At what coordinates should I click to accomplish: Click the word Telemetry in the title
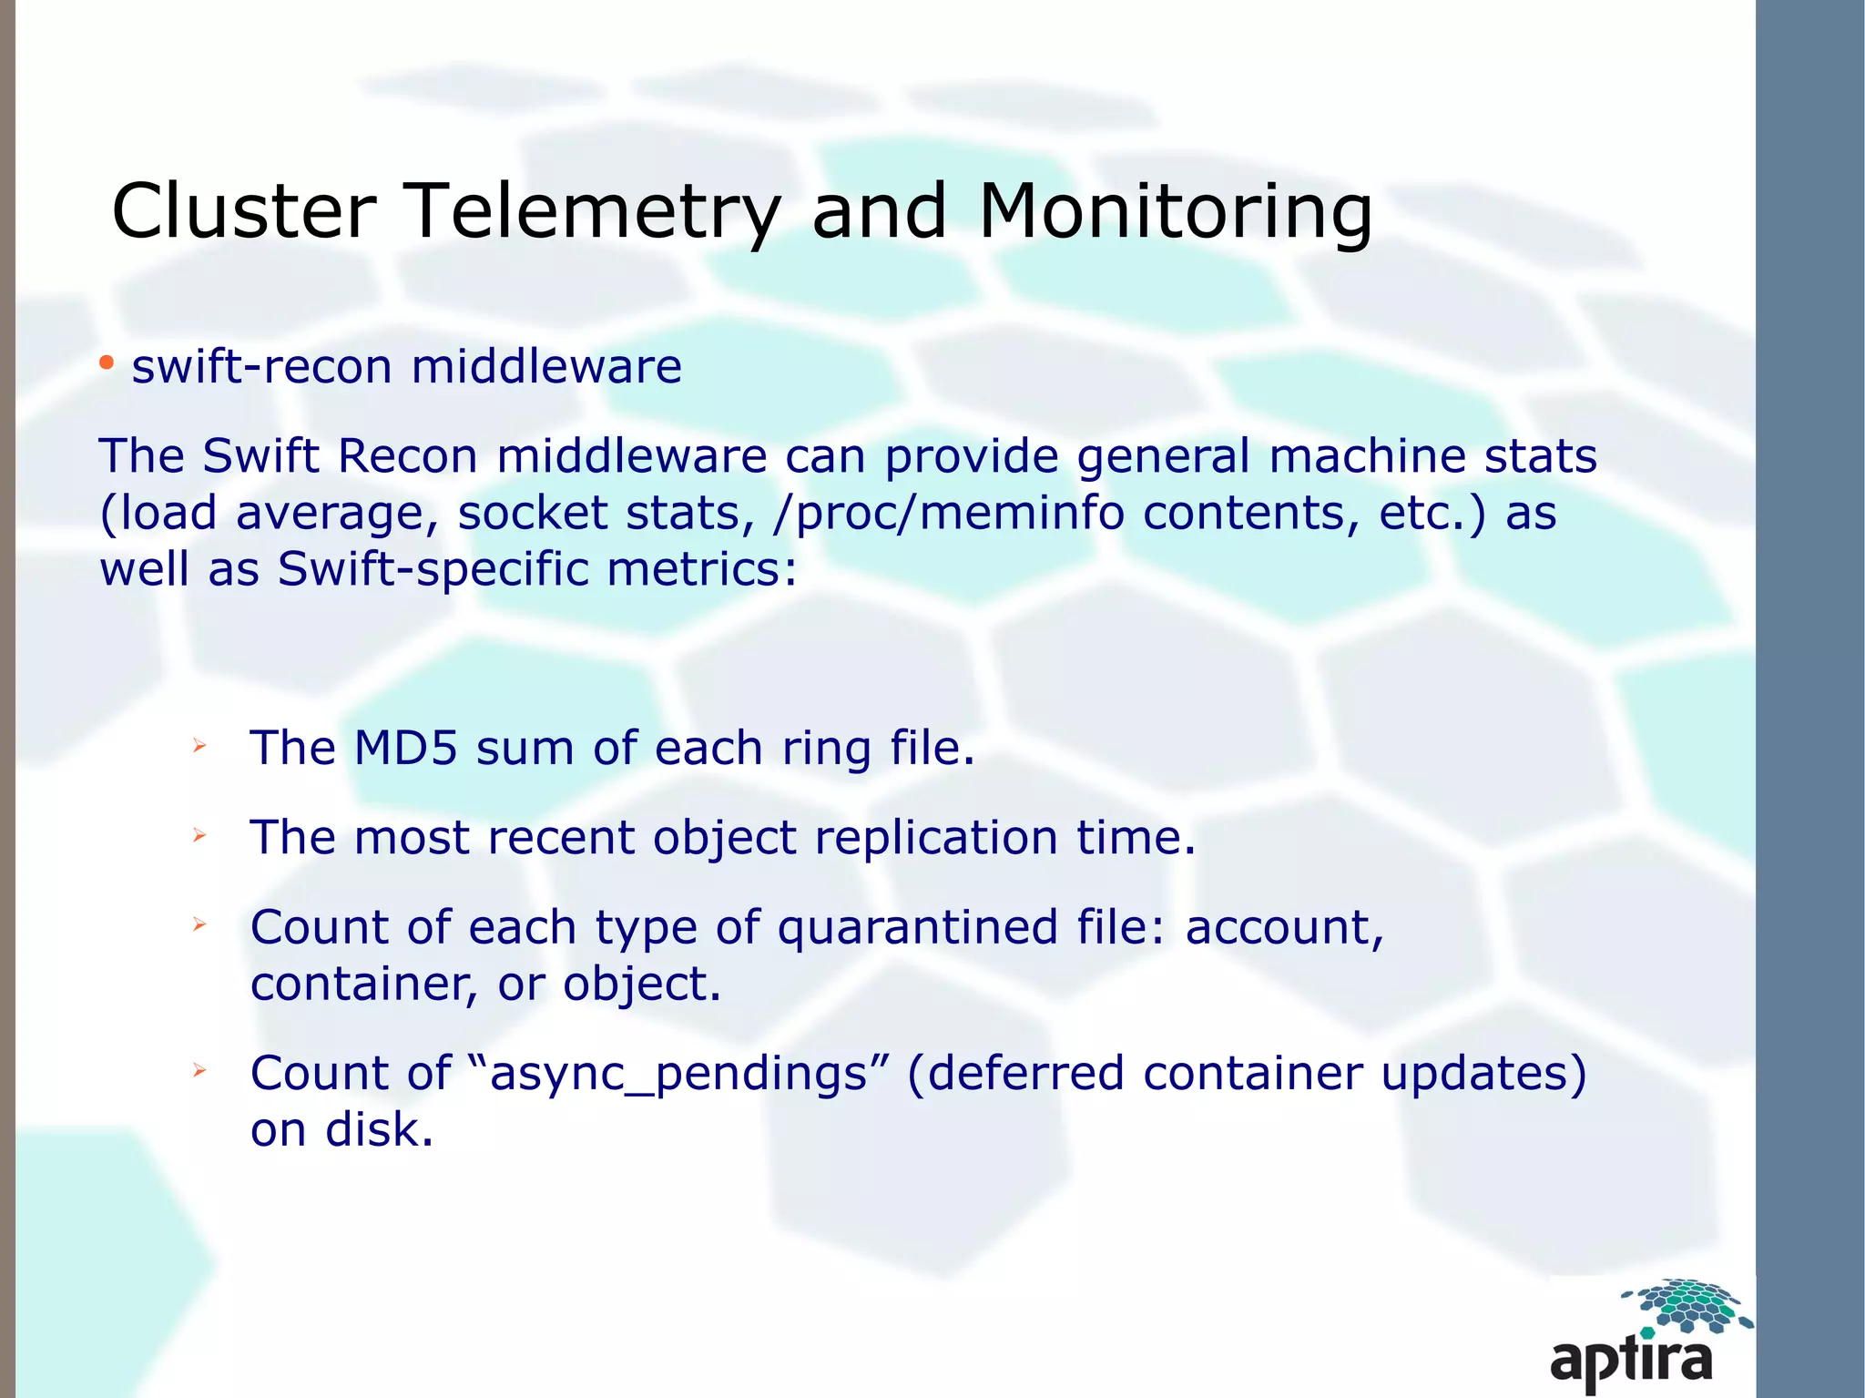pos(592,211)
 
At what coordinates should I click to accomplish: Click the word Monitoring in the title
pos(1175,211)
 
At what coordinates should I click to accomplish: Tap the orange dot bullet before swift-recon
pos(107,364)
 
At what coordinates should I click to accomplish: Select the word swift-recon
pos(262,367)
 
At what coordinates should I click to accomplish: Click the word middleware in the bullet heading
pos(546,367)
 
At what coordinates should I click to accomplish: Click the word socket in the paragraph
pos(533,513)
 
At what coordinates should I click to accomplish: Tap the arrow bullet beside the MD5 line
pos(199,747)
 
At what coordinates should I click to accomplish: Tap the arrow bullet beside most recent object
pos(199,835)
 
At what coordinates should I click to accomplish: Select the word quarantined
pos(917,927)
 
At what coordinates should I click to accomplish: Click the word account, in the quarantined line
pos(1284,927)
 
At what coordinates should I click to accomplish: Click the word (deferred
pos(1015,1073)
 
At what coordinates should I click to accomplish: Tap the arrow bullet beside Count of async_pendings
pos(199,1071)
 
